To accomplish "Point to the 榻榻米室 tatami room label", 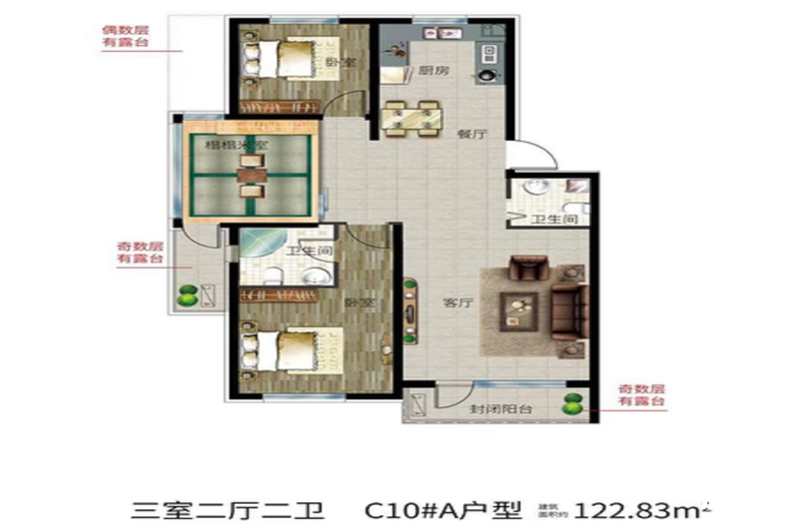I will [x=236, y=146].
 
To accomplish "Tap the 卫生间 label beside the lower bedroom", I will [x=301, y=253].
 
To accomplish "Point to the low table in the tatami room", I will [x=250, y=182].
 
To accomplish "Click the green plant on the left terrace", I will [x=186, y=295].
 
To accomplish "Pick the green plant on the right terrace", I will [x=572, y=404].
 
